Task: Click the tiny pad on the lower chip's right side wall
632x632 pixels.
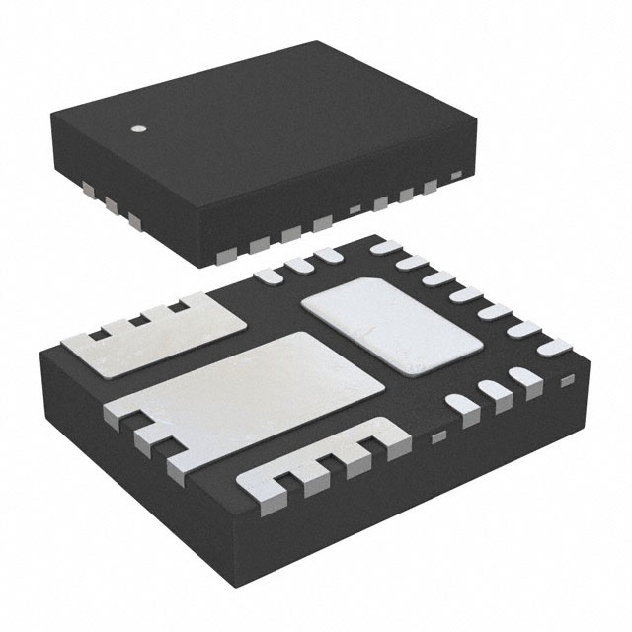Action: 566,380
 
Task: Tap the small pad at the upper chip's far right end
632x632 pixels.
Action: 456,177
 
